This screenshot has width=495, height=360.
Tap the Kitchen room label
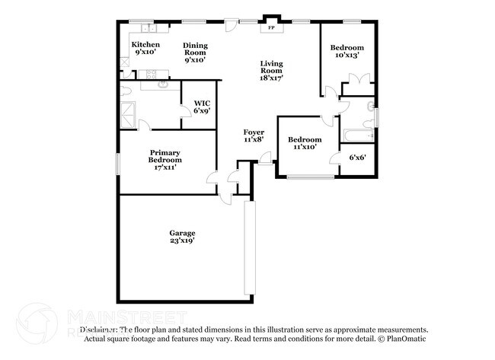click(x=145, y=49)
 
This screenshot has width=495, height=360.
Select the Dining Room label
click(x=195, y=53)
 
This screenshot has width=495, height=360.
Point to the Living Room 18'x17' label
click(x=270, y=71)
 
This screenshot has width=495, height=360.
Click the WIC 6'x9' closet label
click(x=202, y=107)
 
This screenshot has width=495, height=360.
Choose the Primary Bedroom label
click(x=164, y=159)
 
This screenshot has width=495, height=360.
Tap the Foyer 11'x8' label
click(x=254, y=136)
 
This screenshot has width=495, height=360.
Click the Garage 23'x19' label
click(x=182, y=237)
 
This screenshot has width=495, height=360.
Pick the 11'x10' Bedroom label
click(x=304, y=144)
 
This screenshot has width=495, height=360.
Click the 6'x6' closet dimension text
click(x=358, y=158)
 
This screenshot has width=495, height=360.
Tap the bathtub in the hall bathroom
click(x=357, y=135)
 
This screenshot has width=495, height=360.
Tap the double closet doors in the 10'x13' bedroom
click(x=357, y=78)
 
